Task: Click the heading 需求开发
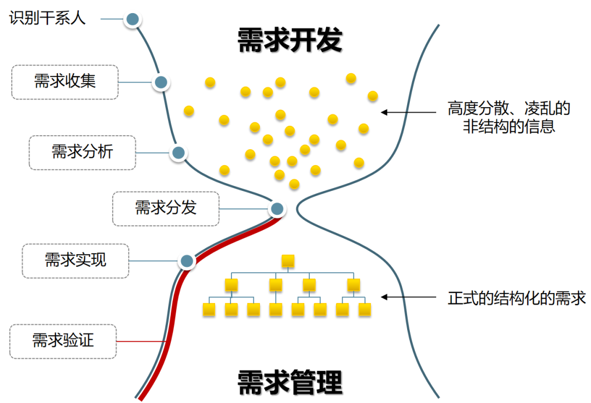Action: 290,41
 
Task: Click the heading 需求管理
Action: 290,382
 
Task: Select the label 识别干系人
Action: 48,18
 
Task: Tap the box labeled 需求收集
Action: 65,82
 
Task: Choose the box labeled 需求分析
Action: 82,152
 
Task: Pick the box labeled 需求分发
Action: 165,208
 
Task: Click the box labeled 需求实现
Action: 76,261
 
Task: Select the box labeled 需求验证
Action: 63,341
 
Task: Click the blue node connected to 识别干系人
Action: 132,20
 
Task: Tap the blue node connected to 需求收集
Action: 160,83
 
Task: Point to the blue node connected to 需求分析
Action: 178,153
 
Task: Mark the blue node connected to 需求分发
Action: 277,208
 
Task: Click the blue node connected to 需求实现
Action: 187,261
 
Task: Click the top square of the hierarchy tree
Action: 288,261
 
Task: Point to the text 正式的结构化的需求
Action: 517,298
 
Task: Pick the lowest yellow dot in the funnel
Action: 294,184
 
